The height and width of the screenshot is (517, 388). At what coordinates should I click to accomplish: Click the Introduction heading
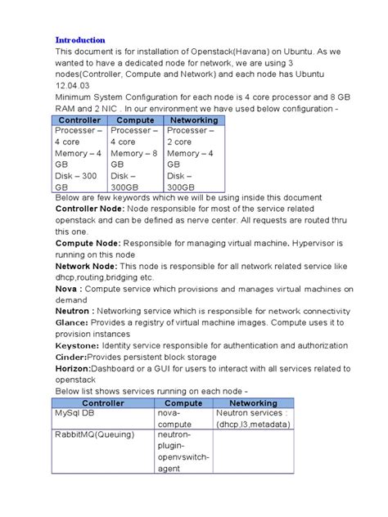(x=80, y=39)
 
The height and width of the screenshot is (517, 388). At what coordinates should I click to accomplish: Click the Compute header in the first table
(x=136, y=119)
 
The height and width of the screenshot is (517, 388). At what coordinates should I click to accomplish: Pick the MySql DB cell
(x=77, y=414)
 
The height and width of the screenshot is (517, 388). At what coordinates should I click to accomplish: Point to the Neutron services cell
(x=252, y=419)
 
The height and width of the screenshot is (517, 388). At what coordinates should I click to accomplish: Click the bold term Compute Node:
(x=87, y=243)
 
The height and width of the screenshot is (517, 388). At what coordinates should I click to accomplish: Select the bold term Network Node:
(x=85, y=266)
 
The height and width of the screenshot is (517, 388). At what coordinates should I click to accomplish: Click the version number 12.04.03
(x=72, y=84)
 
